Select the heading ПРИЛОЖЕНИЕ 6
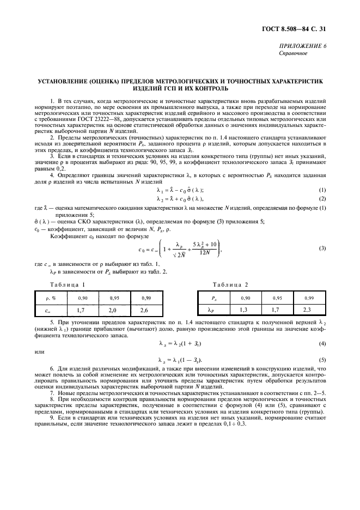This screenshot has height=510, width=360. pyautogui.click(x=307, y=47)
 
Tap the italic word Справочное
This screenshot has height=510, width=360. pyautogui.click(x=294, y=54)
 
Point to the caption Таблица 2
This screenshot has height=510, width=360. pyautogui.click(x=230, y=285)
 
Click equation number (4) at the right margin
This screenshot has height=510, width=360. pyautogui.click(x=322, y=344)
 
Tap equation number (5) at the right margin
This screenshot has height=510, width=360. pyautogui.click(x=322, y=360)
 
